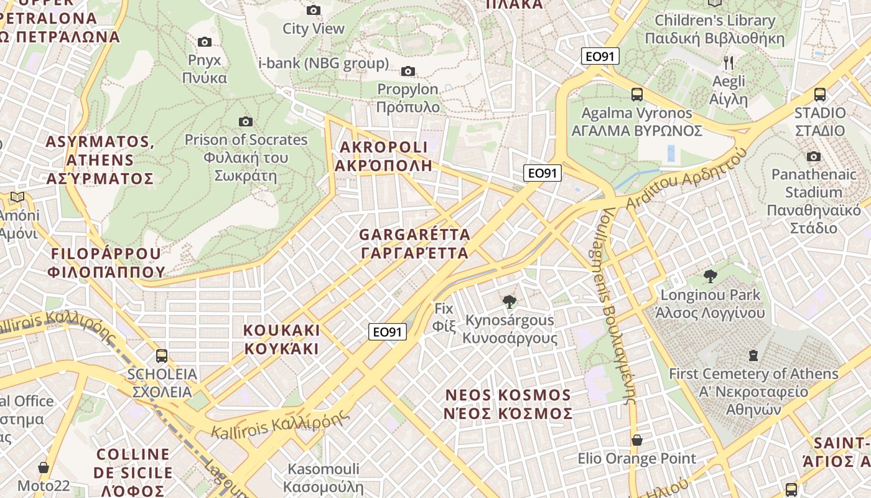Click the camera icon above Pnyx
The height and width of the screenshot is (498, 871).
(x=204, y=42)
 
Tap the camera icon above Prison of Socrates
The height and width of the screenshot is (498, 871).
(x=246, y=121)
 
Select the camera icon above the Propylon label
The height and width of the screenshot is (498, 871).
(x=408, y=71)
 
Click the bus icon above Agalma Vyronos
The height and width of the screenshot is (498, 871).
(x=637, y=95)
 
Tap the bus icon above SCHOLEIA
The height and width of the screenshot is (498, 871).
(x=162, y=355)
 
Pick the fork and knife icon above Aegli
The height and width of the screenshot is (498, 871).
(x=729, y=62)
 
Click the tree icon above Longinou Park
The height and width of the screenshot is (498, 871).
(x=710, y=276)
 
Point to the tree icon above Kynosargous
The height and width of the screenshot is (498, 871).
(x=509, y=303)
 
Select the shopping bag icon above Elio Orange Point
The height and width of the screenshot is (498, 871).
(x=637, y=440)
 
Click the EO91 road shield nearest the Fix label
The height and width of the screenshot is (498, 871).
(x=388, y=332)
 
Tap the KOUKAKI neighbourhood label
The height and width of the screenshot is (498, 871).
(x=282, y=339)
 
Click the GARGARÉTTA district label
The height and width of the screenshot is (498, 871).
(x=415, y=244)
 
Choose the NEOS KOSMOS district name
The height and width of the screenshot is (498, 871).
(x=508, y=405)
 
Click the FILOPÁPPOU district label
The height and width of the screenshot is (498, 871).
(x=106, y=263)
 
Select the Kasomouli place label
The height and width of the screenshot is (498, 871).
(x=323, y=477)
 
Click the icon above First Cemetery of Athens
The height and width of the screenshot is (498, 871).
(x=753, y=355)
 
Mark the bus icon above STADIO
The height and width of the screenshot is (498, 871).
(x=820, y=95)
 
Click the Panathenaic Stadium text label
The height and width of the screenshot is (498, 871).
(x=814, y=200)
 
